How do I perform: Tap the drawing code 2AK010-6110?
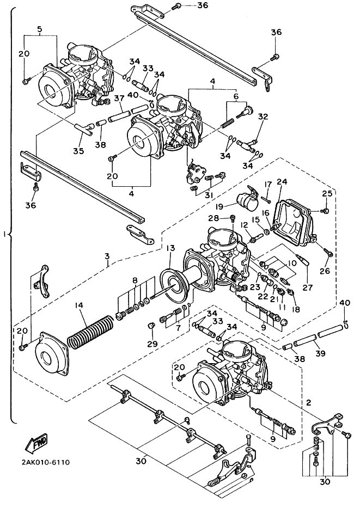point(38,463)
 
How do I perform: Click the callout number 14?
point(80,307)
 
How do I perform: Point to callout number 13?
point(170,248)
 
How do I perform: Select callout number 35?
point(78,151)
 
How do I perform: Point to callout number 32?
point(263,116)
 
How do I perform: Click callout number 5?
point(40,28)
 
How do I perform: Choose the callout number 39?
point(320,353)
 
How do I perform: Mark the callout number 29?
point(152,344)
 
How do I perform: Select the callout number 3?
point(108,256)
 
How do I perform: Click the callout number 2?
point(308,403)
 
